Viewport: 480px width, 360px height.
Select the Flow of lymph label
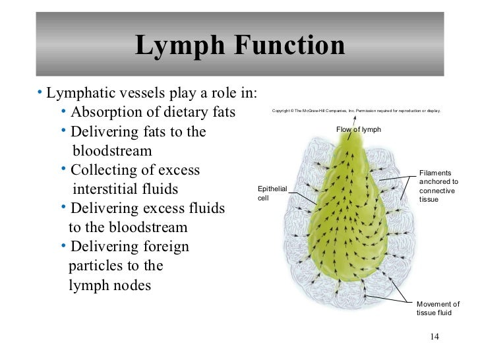click(359, 129)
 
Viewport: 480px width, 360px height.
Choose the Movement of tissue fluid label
click(438, 309)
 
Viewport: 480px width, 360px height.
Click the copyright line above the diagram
click(355, 110)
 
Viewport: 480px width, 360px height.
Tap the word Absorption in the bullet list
click(104, 110)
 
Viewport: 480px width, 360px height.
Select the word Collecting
click(103, 171)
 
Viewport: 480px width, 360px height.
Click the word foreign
click(164, 247)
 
